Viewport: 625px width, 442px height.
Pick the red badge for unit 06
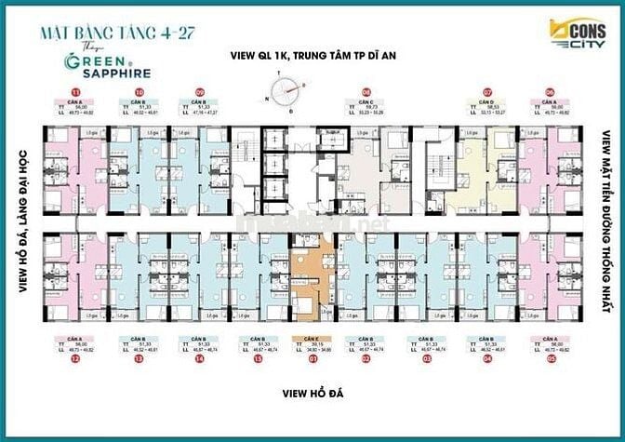[x=552, y=92]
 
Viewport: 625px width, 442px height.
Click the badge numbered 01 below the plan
[x=304, y=355]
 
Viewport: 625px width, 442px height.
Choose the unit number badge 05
[x=552, y=355]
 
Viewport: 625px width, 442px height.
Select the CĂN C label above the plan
[x=367, y=104]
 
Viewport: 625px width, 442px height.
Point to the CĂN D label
[x=487, y=104]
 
